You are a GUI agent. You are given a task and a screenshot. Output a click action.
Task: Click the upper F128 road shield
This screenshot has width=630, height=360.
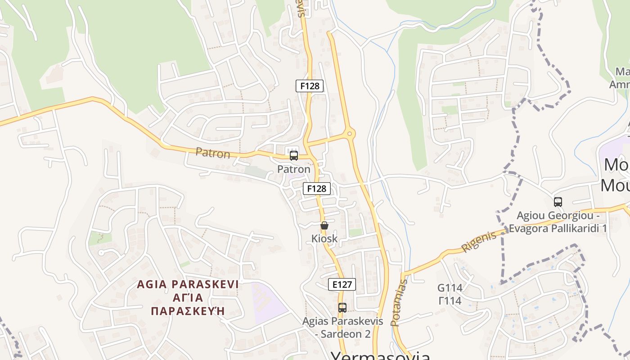310,85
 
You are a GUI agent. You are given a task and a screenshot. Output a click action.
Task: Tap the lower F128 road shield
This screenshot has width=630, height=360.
317,188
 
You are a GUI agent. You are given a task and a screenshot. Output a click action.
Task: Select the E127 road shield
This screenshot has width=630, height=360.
342,284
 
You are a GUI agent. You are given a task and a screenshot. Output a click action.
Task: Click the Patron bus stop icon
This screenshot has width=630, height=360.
294,156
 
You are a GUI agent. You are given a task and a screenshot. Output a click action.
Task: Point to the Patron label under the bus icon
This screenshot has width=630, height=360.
294,170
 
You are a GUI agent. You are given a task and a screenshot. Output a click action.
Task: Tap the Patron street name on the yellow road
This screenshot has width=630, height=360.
213,153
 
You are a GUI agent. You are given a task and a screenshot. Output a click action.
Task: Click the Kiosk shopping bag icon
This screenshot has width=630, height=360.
324,225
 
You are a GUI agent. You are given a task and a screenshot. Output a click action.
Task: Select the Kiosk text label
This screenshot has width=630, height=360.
324,238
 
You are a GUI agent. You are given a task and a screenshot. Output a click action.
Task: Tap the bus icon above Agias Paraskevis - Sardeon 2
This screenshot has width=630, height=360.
342,308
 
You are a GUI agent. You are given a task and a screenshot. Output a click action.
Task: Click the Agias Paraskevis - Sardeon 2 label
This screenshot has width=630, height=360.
343,328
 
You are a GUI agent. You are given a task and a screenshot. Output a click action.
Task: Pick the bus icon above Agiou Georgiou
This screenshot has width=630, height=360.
558,202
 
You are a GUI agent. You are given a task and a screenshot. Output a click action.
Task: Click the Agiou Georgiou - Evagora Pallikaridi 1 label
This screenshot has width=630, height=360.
558,222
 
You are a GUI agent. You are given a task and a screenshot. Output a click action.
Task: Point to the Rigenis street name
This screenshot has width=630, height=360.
479,242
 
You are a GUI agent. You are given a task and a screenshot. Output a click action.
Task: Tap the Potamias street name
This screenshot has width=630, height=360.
399,302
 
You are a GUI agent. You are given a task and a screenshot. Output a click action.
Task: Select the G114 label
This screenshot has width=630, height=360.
450,288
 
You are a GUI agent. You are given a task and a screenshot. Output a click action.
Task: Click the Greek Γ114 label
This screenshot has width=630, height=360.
450,301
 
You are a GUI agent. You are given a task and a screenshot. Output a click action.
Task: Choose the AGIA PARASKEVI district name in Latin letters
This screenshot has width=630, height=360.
188,284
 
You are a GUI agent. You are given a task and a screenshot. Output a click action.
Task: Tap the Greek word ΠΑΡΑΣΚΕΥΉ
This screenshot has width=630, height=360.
188,311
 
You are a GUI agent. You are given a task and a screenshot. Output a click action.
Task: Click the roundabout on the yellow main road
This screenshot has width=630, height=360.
350,133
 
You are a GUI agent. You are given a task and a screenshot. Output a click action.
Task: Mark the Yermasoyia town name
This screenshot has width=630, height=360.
381,355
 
